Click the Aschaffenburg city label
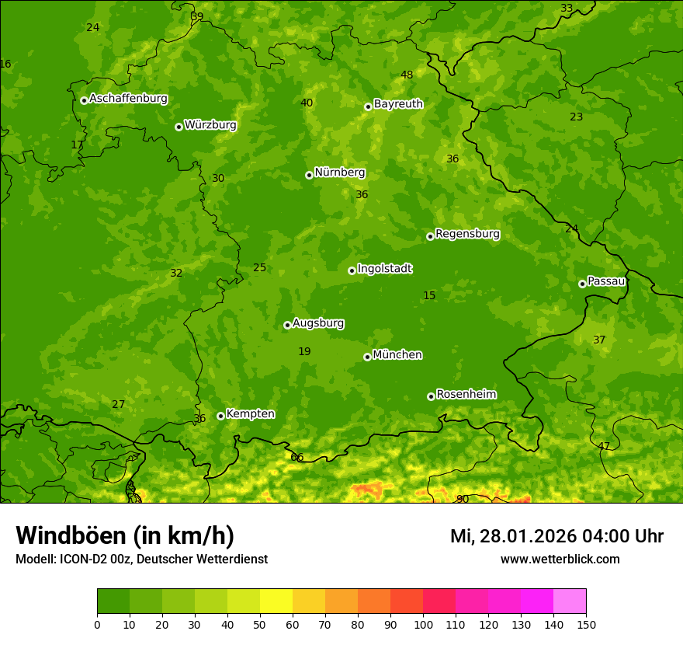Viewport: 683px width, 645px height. (128, 99)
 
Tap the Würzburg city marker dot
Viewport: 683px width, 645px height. (179, 127)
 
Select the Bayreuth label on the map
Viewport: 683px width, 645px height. (398, 103)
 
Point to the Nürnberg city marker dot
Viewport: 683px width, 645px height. (309, 175)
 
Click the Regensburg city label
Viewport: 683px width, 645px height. (467, 233)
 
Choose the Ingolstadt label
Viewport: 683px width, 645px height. (384, 269)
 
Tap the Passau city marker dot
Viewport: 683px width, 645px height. (582, 284)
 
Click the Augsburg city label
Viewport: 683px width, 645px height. (318, 322)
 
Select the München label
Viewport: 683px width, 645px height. (397, 354)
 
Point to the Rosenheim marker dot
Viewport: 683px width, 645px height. (431, 396)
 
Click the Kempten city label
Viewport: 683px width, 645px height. (250, 413)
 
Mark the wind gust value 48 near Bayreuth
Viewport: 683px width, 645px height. (407, 75)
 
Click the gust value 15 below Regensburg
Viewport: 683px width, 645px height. (429, 295)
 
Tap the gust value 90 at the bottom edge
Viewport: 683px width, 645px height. (462, 499)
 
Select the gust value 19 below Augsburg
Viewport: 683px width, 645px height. (304, 351)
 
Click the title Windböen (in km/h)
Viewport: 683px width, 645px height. (125, 535)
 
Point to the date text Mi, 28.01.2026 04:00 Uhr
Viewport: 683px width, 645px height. (556, 536)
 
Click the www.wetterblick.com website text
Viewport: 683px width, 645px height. (560, 559)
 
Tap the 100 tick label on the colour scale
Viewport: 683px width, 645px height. (423, 624)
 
